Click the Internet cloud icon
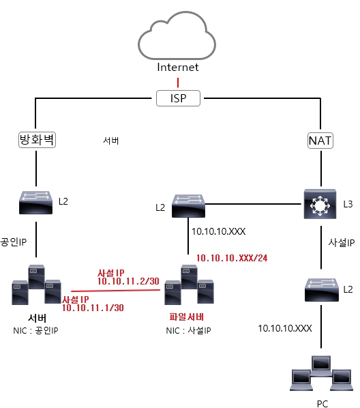pos(177,35)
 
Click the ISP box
pos(178,98)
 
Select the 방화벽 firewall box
pos(37,140)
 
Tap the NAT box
pos(320,141)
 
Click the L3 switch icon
pos(320,204)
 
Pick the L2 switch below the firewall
pos(36,203)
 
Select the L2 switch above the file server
pos(188,206)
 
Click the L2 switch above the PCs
pos(322,290)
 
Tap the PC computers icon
pos(322,373)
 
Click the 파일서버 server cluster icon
pos(189,285)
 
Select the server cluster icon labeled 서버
pos(36,285)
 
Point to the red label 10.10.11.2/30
pos(128,281)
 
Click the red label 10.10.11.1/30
pos(93,308)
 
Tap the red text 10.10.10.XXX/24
pos(232,258)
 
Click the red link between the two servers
pos(115,291)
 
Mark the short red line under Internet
pos(178,83)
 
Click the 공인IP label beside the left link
pos(14,242)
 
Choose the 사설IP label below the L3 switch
pos(342,243)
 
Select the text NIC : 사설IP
pos(189,330)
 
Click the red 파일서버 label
pos(187,317)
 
